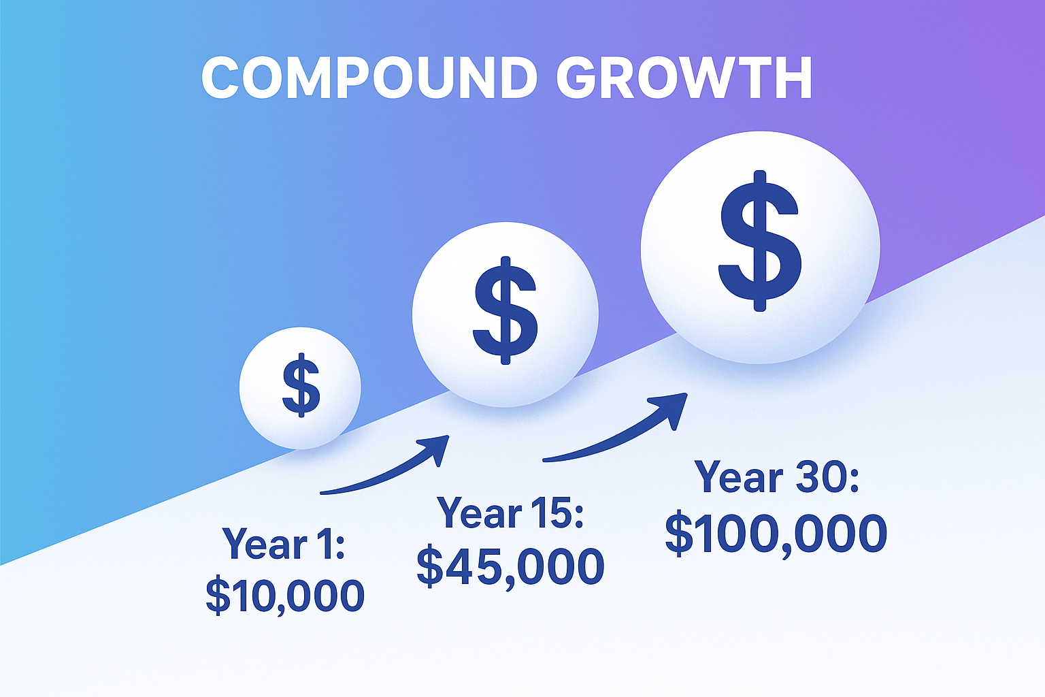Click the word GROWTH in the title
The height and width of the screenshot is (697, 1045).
pos(684,78)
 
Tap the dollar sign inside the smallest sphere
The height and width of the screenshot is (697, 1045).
pos(301,386)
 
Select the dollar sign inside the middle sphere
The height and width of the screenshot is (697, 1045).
pos(505,310)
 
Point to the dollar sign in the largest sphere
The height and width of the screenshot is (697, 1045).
pos(760,240)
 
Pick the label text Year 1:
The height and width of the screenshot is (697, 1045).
pos(284,545)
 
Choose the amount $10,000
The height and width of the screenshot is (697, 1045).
pos(285,595)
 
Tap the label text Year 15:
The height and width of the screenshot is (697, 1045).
pos(510,513)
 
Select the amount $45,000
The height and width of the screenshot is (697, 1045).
pos(510,566)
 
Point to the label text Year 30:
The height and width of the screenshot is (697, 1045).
pos(776,478)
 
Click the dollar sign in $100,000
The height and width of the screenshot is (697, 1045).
pos(678,534)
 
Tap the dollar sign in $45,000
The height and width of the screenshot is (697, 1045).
pos(430,567)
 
